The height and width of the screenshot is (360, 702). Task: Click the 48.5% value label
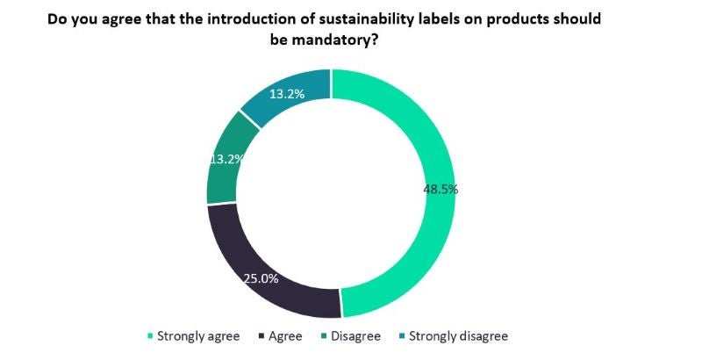(441, 188)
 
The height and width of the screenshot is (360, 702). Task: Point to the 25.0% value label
(261, 278)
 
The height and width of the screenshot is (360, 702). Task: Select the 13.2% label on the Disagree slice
(225, 159)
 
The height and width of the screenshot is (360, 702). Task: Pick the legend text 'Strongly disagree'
(457, 336)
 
